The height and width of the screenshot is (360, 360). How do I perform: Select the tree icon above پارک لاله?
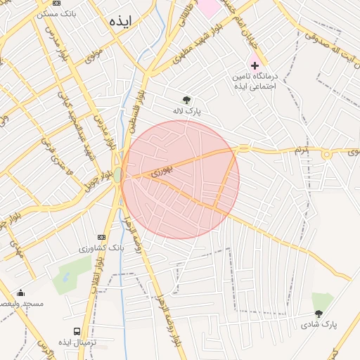tap(186, 101)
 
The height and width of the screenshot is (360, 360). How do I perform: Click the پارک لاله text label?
tap(188, 111)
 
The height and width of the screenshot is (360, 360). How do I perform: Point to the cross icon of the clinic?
tap(255, 65)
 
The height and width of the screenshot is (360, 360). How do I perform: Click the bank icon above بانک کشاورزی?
tap(102, 237)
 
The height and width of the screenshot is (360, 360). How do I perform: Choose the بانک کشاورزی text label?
tap(101, 248)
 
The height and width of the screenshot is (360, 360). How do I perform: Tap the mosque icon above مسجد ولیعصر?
tap(20, 293)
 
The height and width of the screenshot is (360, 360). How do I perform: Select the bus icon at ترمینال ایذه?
tap(76, 331)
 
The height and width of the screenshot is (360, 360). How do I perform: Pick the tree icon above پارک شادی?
tap(319, 314)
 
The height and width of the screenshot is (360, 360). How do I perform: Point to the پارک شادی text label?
tap(320, 324)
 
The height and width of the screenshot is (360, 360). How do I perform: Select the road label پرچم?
tap(302, 150)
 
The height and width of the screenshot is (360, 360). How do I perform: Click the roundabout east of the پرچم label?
tap(327, 154)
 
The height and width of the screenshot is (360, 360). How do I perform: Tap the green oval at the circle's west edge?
tap(117, 174)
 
